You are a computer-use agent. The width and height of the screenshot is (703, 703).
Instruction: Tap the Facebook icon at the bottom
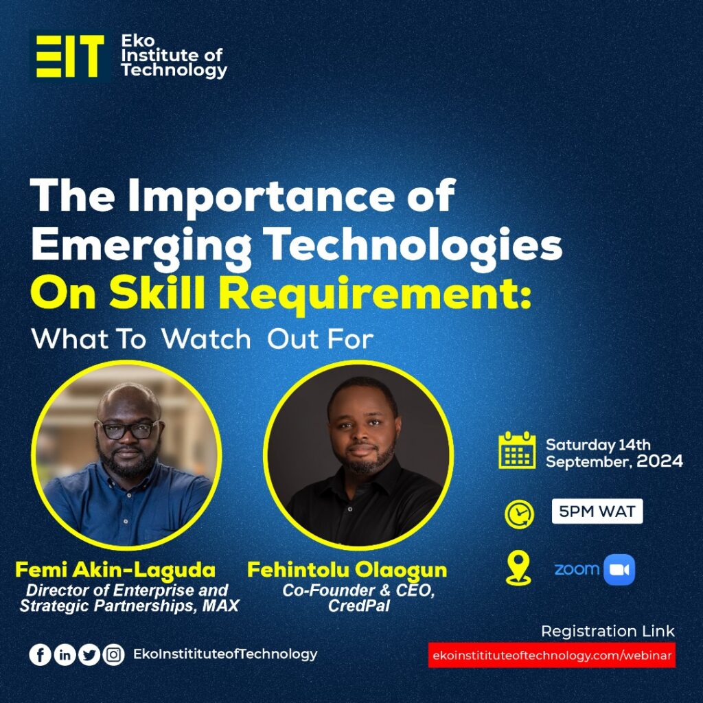coord(40,655)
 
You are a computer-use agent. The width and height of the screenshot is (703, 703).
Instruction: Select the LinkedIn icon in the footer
coord(65,655)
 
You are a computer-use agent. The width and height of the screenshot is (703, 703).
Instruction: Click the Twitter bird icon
coord(89,655)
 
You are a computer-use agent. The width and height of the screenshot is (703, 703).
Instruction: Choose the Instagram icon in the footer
coord(114,655)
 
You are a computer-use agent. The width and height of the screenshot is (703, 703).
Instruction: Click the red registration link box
coord(551,655)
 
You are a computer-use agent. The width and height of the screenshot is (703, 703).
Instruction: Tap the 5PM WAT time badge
coord(597,511)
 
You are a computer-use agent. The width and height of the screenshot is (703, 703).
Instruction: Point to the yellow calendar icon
coord(517,450)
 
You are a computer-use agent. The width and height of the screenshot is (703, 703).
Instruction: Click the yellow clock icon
coord(518,514)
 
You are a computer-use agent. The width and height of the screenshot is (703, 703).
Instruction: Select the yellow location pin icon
coord(518,568)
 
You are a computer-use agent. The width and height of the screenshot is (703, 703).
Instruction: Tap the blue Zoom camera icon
coord(619,569)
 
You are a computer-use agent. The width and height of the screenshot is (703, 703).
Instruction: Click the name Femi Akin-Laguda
coord(115,570)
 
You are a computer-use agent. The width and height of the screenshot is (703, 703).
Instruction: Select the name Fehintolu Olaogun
coord(347,570)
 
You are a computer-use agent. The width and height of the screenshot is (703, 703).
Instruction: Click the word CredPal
coord(357,606)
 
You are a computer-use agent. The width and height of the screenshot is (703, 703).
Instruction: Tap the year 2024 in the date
coord(660,461)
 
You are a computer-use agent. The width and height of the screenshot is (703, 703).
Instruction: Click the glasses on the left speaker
coord(128,429)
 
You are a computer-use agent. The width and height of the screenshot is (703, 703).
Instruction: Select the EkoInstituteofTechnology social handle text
coord(225,654)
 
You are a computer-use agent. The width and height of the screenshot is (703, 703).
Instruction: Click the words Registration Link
coord(608,631)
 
